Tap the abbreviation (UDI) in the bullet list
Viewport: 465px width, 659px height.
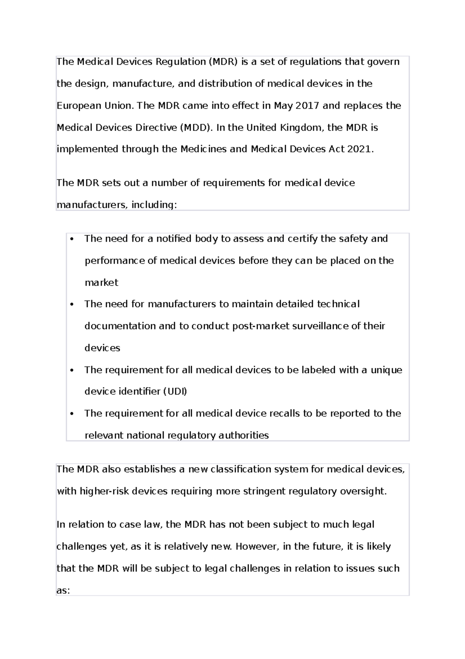point(174,391)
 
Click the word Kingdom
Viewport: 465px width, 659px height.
point(301,128)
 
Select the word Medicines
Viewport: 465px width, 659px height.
point(204,149)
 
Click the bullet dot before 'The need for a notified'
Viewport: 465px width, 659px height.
point(72,239)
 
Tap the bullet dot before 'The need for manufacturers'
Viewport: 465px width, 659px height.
point(72,304)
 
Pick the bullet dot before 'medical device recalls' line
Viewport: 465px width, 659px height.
point(72,414)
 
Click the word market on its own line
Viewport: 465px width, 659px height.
point(101,283)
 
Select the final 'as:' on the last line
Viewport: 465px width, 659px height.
point(63,591)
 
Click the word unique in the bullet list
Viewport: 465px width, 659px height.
point(386,370)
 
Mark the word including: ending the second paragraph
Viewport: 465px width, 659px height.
point(154,205)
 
